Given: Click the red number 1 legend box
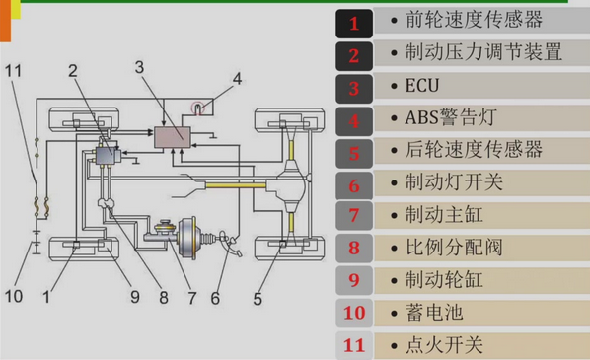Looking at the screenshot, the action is (x=354, y=24).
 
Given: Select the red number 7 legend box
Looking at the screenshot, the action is (x=354, y=215).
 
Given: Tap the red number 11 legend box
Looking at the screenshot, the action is (x=354, y=345).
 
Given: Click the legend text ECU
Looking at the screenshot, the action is (x=422, y=86).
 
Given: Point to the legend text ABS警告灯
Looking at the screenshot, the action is (x=451, y=117).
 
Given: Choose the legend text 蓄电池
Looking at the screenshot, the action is (x=434, y=313).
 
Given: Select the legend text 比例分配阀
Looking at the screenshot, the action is (x=454, y=248).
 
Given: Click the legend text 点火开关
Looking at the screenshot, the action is (x=444, y=345).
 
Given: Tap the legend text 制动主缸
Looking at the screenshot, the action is (x=444, y=215).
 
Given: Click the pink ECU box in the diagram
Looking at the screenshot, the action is (x=173, y=137).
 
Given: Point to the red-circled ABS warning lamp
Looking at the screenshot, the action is (x=198, y=108).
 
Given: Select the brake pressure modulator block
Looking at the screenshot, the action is (x=108, y=156).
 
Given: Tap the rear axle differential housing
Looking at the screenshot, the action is (x=291, y=184).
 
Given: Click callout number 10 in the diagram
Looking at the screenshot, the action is (x=14, y=296).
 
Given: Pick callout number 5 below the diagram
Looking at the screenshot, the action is (x=258, y=299).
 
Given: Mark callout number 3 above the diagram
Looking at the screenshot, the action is (x=139, y=67).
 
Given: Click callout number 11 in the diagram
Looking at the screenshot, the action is (x=13, y=71).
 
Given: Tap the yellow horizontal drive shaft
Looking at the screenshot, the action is (x=236, y=185).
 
